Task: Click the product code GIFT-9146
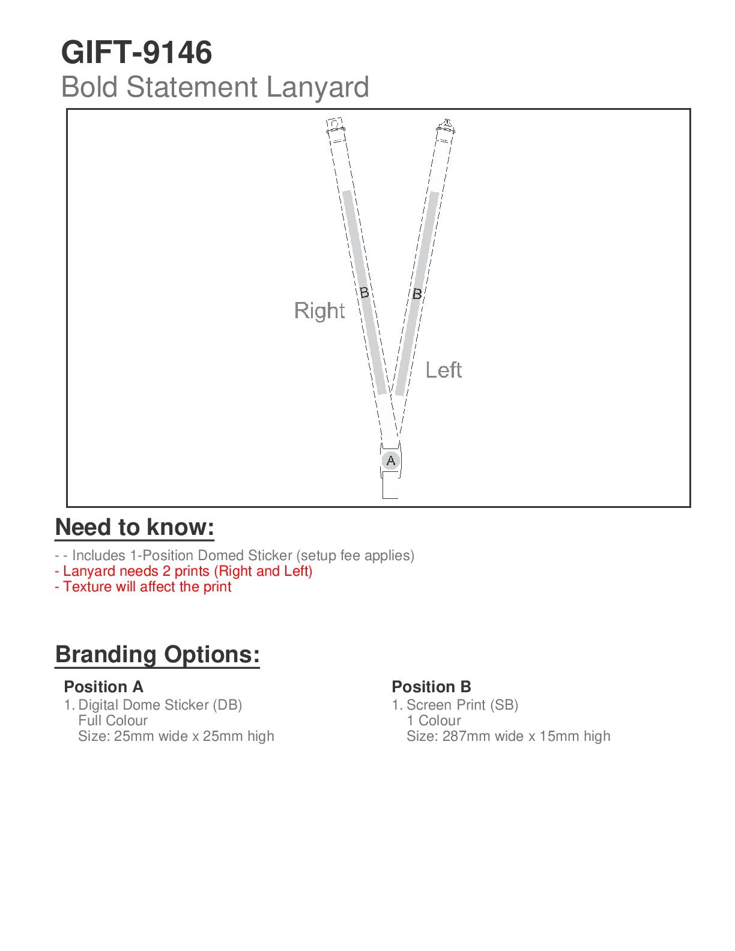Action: [x=136, y=52]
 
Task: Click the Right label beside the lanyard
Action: [x=319, y=311]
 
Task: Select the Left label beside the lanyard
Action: [x=444, y=370]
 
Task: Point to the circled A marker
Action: [x=391, y=460]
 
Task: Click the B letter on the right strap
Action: [x=364, y=292]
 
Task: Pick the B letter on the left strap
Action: [x=417, y=294]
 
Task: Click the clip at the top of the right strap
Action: [x=335, y=127]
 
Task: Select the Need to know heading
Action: [x=135, y=527]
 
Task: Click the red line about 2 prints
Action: [x=184, y=571]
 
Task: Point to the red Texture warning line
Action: [x=143, y=587]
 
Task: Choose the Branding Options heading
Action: [x=157, y=654]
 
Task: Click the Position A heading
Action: [x=103, y=686]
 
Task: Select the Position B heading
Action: [x=431, y=686]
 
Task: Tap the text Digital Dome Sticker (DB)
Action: [x=160, y=705]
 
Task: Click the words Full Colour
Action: [x=113, y=720]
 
